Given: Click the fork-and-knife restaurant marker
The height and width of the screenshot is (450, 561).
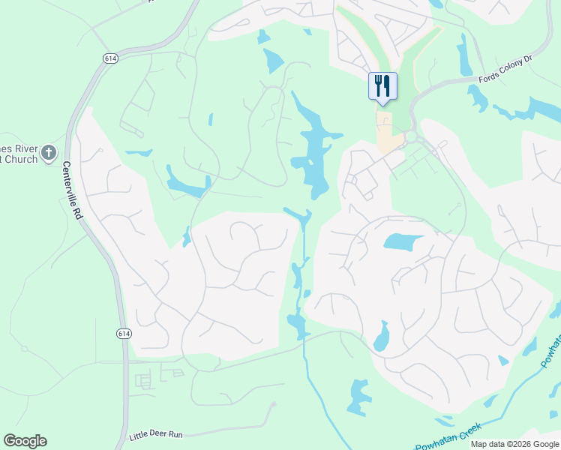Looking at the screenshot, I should (x=382, y=85).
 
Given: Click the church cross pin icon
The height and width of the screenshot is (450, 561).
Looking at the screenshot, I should (x=49, y=153).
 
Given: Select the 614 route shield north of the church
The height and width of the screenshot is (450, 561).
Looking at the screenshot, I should (x=110, y=58).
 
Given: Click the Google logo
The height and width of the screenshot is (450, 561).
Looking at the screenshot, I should (x=25, y=441).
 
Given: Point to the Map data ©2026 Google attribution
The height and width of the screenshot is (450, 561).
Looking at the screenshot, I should (x=514, y=444).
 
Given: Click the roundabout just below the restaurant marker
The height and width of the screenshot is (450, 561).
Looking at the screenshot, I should (x=411, y=136).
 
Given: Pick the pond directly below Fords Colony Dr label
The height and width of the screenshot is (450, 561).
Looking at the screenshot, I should (x=477, y=98).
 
